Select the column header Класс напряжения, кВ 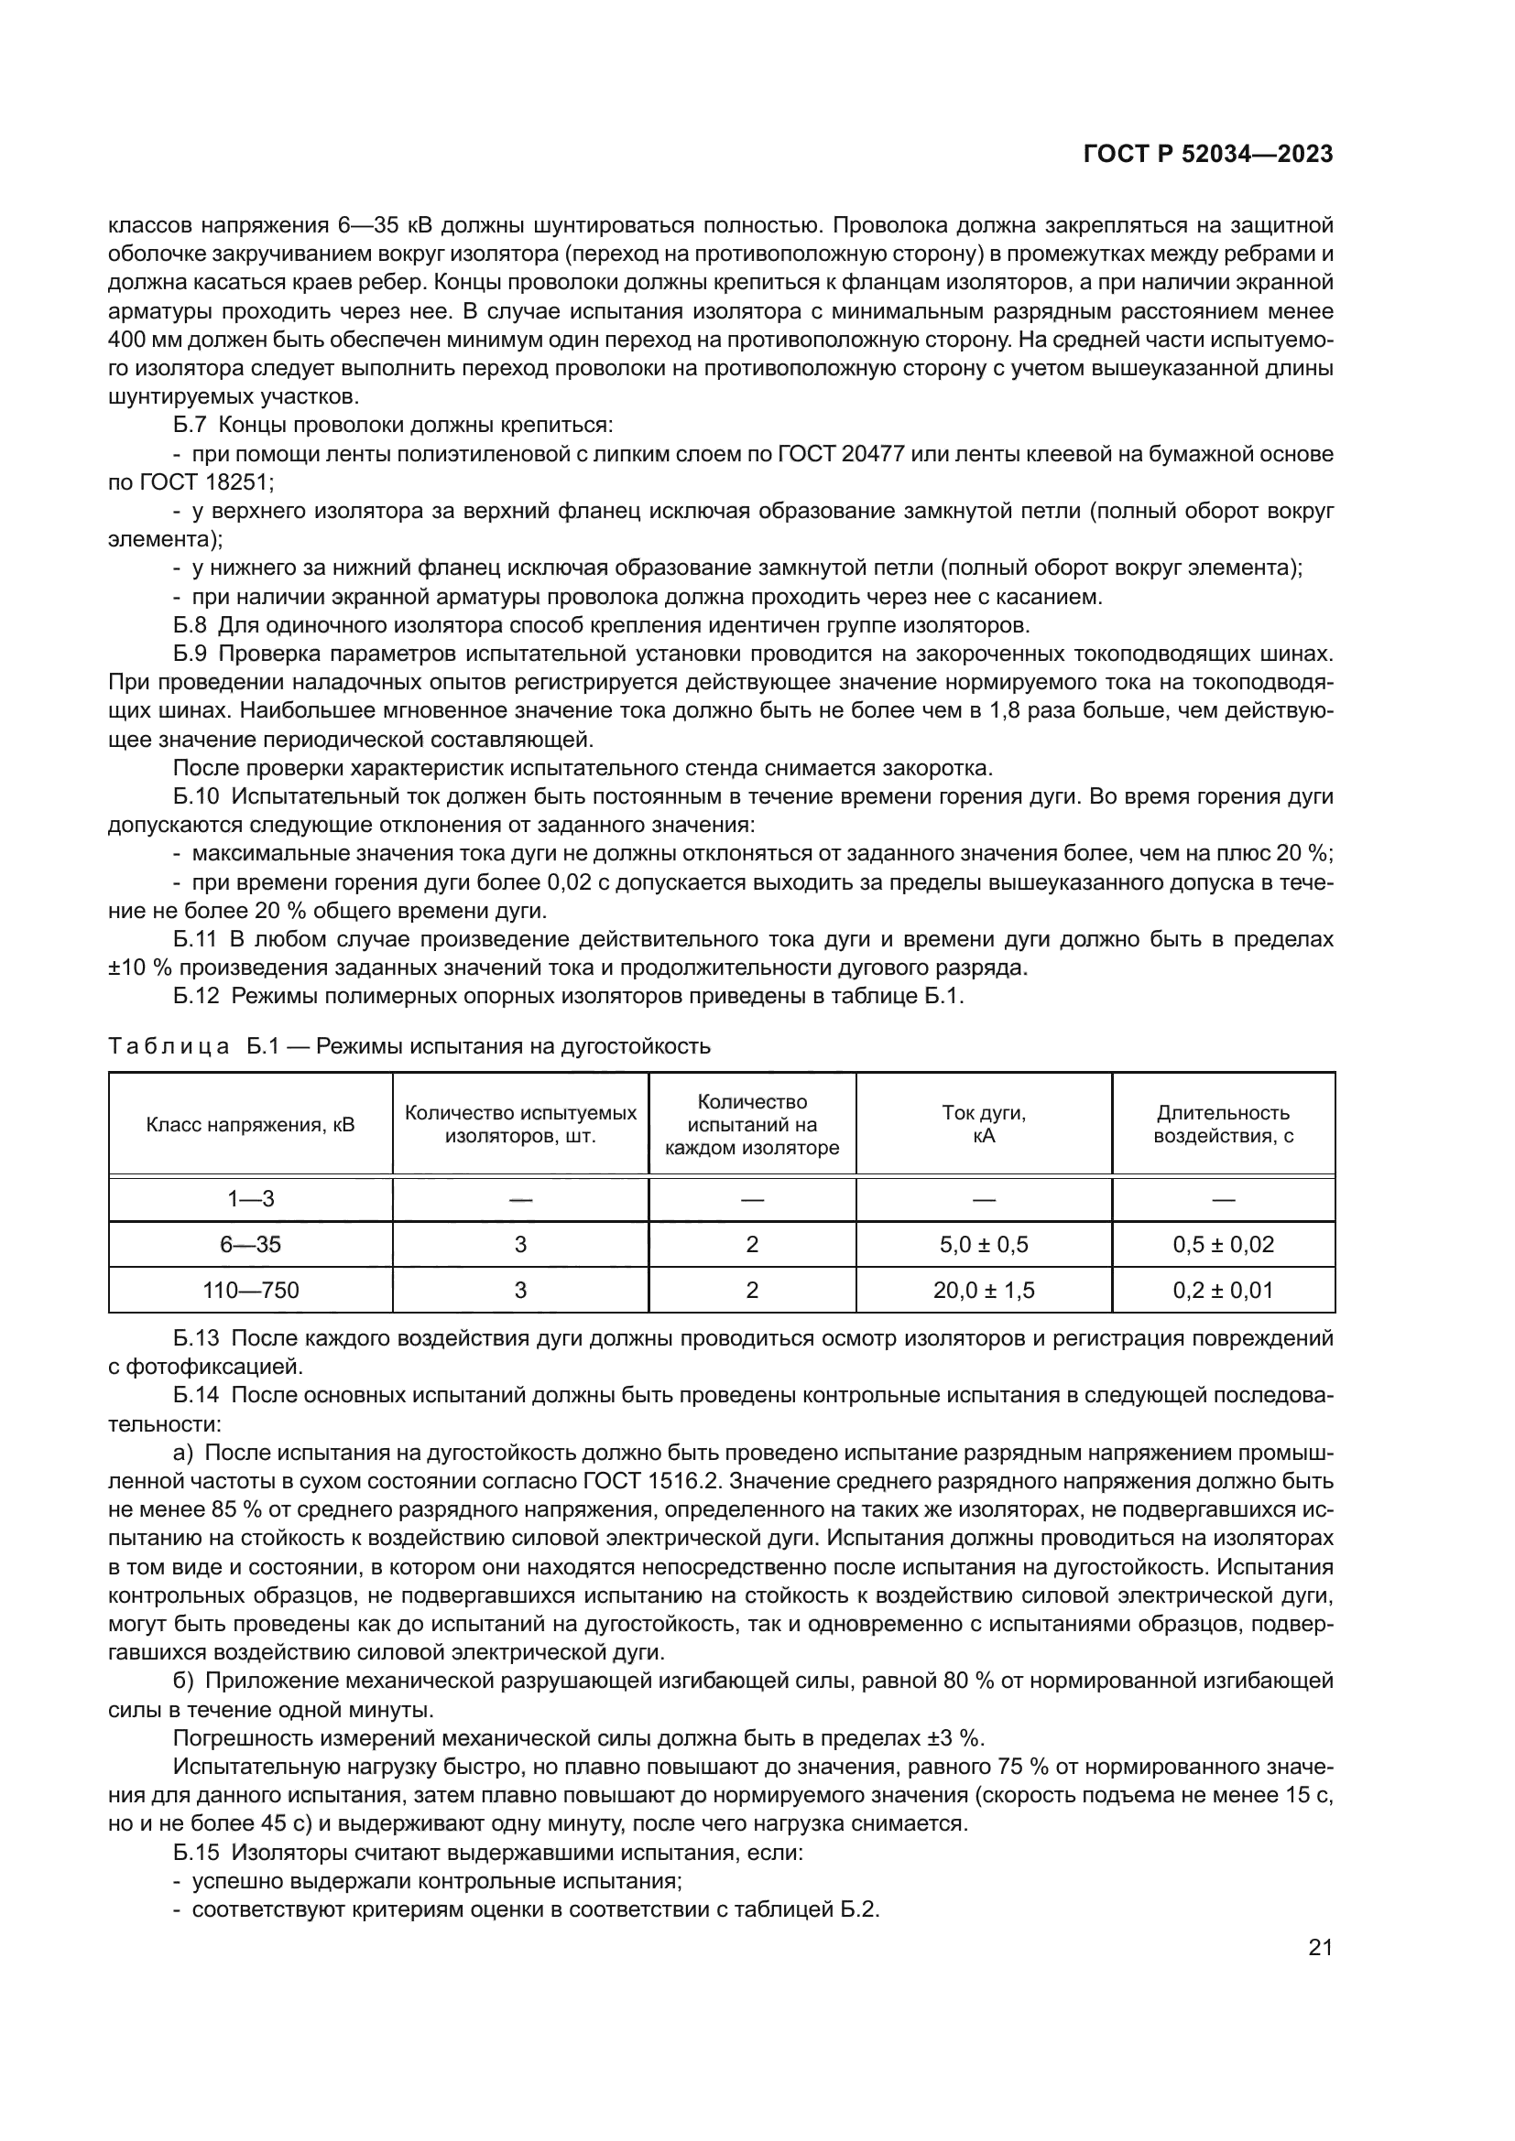250,1124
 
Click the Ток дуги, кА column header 983,1124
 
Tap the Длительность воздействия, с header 1223,1124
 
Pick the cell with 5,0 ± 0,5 983,1244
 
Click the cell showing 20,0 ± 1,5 983,1290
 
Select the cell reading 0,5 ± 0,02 1223,1244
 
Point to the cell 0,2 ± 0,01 1223,1290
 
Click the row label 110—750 250,1290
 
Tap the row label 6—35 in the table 250,1244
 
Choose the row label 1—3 250,1198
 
